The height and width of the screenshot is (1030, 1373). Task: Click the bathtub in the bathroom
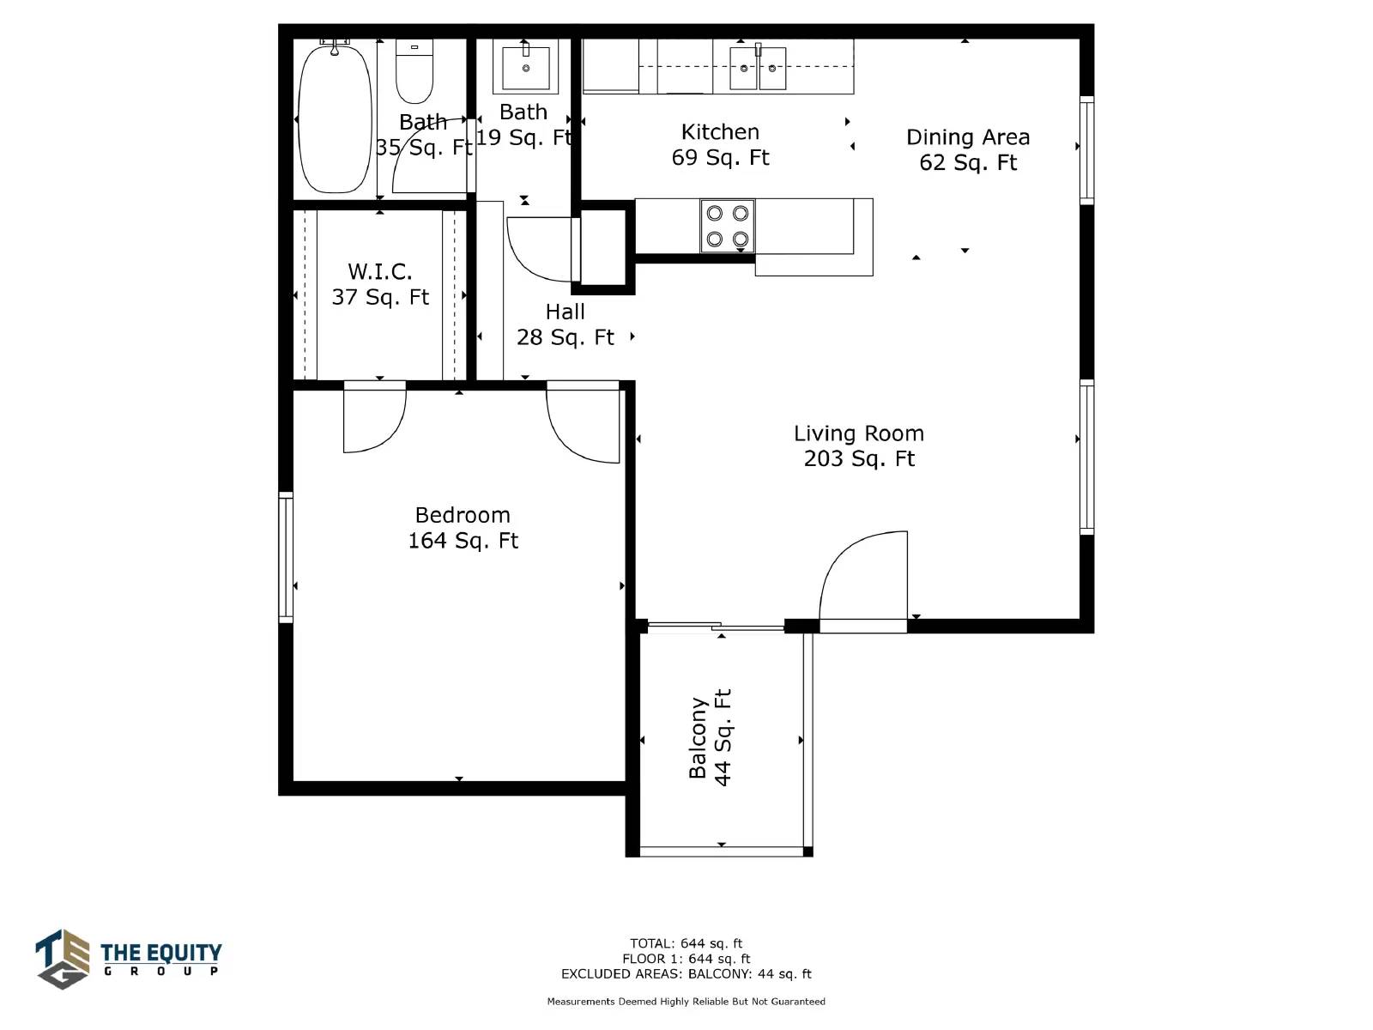[336, 118]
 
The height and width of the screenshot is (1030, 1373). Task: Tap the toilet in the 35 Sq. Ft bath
[414, 71]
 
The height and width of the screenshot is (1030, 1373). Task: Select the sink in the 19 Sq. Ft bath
[525, 66]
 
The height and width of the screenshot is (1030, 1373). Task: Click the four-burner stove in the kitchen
[728, 226]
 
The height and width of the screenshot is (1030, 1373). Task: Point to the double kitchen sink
[758, 68]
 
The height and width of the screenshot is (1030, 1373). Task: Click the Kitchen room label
[720, 132]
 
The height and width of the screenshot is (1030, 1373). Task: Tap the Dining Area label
[968, 137]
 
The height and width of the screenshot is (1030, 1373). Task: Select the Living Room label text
[859, 433]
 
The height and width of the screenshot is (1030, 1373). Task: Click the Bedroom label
[463, 515]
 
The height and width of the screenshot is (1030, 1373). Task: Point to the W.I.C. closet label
[379, 272]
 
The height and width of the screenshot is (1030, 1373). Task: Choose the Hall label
[565, 312]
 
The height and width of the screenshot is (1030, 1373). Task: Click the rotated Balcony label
[698, 738]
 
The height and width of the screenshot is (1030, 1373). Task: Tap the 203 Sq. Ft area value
[859, 459]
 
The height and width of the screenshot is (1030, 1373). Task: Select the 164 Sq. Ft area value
[463, 541]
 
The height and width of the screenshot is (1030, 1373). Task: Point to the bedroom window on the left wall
[286, 557]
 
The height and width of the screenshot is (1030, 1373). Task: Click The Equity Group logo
[129, 960]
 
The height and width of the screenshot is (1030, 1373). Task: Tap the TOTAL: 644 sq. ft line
[686, 943]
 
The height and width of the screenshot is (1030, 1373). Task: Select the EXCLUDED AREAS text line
[686, 973]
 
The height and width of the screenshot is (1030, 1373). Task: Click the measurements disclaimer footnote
[686, 1002]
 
